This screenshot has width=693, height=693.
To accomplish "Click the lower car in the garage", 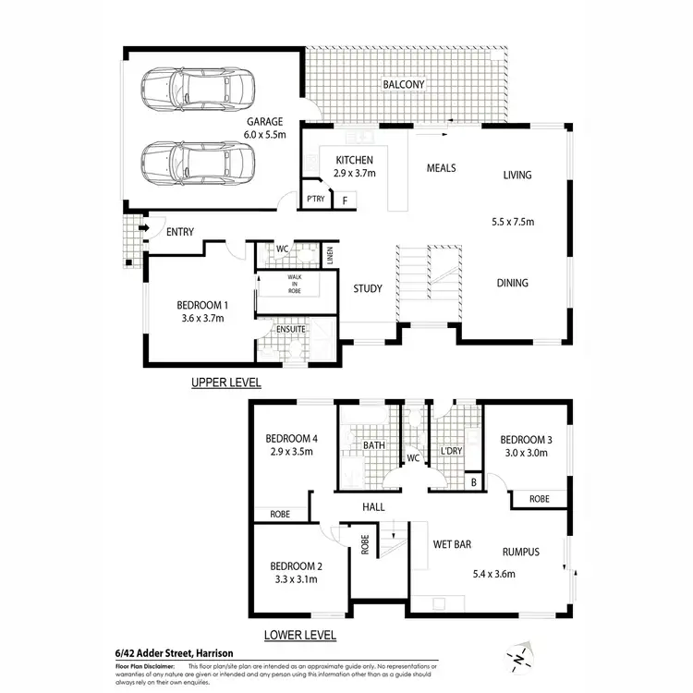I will click(198, 163).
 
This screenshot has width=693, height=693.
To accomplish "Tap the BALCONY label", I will click(404, 85).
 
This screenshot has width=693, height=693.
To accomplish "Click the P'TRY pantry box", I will click(314, 199).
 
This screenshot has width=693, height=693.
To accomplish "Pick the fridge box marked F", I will click(345, 200).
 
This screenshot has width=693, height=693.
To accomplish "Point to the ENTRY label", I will click(180, 232).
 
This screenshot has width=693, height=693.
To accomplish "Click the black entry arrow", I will click(143, 228).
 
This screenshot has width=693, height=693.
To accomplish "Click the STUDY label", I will click(368, 289).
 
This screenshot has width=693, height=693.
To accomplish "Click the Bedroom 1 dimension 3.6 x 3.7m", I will click(201, 319).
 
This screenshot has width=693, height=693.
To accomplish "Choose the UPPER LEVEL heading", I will click(226, 382).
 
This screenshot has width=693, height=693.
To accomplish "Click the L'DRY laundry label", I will click(451, 450).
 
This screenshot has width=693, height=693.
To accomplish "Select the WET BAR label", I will click(454, 542).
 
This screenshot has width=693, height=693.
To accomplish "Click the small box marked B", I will click(474, 481).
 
